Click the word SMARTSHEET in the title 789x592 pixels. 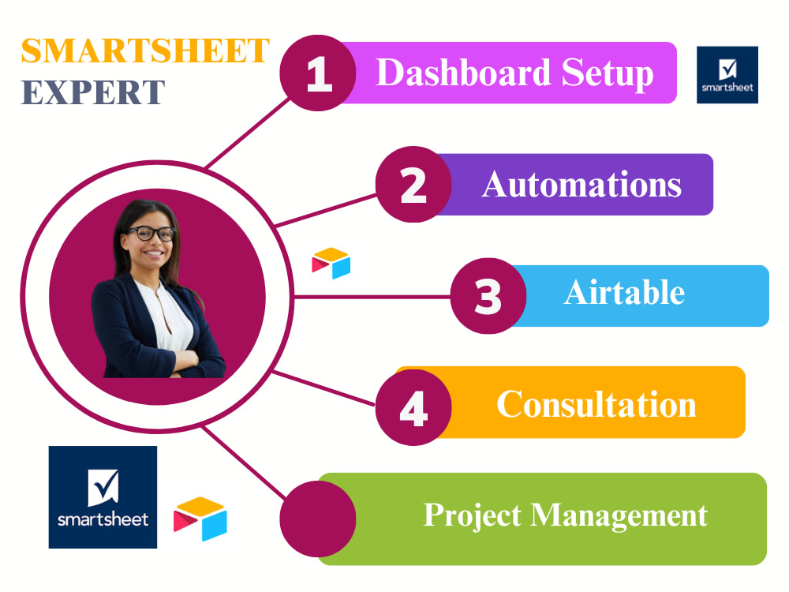tap(145, 51)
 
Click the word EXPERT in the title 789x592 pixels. tap(93, 92)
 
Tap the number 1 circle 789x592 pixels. tap(319, 74)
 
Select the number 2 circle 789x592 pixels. tap(413, 185)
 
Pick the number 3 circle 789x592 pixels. tap(488, 296)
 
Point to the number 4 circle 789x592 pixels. tap(413, 407)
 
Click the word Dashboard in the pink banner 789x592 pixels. tap(463, 73)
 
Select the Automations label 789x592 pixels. tap(581, 185)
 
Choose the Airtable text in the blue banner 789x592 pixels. tap(624, 293)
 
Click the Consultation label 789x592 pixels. tap(596, 404)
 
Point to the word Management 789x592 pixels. tap(619, 515)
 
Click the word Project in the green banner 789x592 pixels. tap(473, 515)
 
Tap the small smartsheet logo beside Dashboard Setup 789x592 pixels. tap(727, 74)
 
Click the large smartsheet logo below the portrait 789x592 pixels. tap(103, 497)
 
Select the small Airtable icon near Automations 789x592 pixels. tap(331, 263)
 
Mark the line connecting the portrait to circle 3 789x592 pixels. tap(371, 298)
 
